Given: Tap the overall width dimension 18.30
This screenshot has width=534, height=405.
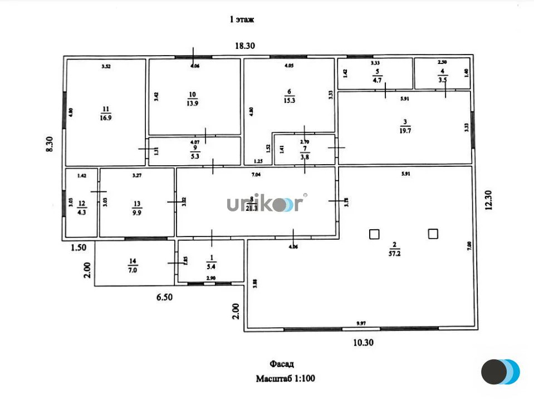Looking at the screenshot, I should pos(244,46).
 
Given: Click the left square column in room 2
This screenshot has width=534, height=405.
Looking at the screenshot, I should pos(374,234).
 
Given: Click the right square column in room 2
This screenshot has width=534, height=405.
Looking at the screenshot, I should pos(433,234).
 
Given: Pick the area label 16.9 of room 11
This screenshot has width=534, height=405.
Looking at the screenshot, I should pos(105,117).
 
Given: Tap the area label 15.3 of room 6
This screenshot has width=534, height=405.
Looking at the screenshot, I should pos(289,101).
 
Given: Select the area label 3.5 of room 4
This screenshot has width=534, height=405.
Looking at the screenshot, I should pos(442,80).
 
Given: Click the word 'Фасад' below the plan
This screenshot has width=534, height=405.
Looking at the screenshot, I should pos(283,364).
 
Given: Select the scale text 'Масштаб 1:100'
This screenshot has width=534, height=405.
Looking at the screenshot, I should pos(285,379).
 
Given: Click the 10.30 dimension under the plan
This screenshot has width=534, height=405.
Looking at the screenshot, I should pos(363,343).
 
